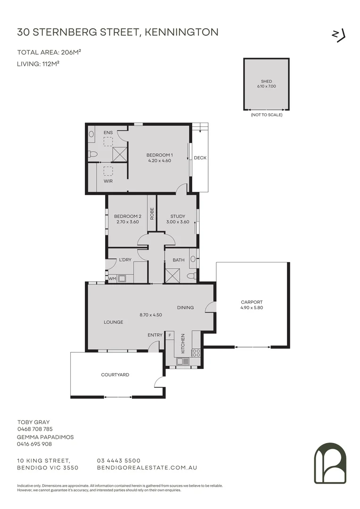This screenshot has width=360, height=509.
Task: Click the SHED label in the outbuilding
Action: coord(266,81)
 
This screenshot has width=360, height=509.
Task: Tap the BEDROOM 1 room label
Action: coord(159,155)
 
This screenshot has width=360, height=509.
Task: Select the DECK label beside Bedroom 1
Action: coord(200,158)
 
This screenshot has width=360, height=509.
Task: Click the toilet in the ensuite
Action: coord(93,154)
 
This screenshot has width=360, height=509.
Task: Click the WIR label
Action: coord(108,181)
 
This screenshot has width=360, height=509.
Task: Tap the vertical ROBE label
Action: coord(152,214)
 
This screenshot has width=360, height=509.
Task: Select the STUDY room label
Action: coord(178,216)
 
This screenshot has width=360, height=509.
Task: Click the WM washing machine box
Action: coord(112,279)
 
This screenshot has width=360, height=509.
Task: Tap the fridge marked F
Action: coord(170,335)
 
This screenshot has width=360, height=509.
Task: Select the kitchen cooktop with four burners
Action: coord(196,352)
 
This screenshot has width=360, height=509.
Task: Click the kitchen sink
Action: coord(183,361)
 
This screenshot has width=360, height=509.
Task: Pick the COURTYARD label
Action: coord(115,375)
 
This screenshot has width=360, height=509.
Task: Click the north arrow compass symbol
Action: coord(339,35)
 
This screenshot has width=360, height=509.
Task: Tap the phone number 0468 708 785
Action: coord(35,429)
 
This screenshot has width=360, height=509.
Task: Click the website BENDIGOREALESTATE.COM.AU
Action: coord(146,468)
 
